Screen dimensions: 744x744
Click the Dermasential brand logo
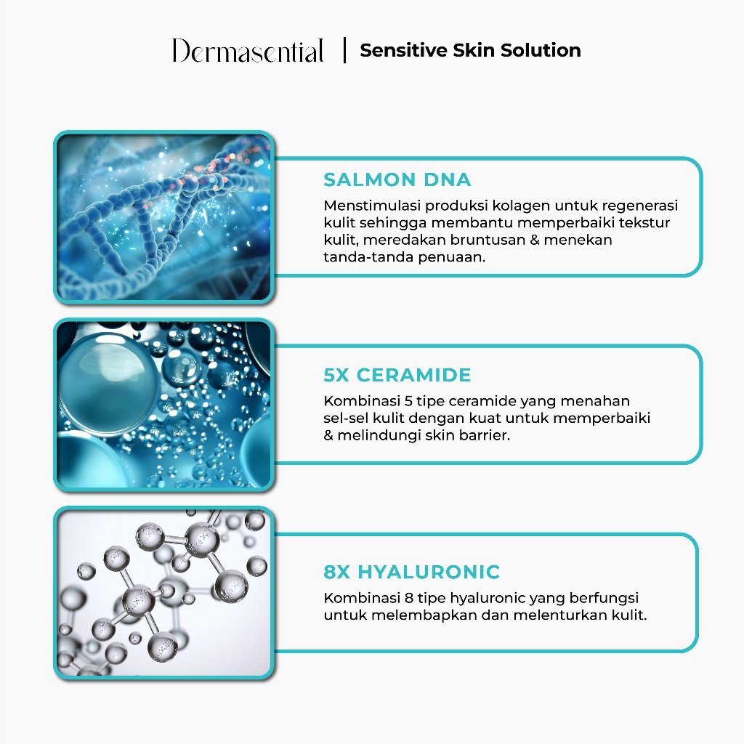[x=248, y=52]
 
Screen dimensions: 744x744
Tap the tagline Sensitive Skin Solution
[x=470, y=51]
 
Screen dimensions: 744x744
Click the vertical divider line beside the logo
[x=344, y=51]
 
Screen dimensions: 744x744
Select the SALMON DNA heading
[x=397, y=180]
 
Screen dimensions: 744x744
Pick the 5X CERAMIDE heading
[x=397, y=376]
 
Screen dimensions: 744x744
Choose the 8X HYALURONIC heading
[x=411, y=572]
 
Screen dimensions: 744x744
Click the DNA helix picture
[x=164, y=217]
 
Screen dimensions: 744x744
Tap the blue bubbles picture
[x=164, y=404]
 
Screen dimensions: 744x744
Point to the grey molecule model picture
[x=164, y=592]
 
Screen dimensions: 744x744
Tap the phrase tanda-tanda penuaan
[x=403, y=257]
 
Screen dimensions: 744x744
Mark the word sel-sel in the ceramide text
[x=346, y=418]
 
